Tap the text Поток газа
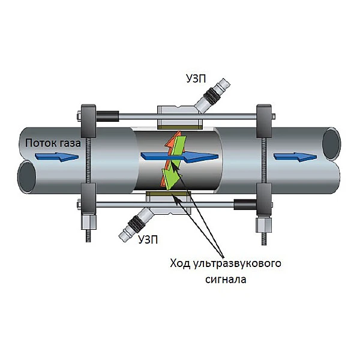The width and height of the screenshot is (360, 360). (x=50, y=143)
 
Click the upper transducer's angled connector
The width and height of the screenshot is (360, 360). (x=215, y=96)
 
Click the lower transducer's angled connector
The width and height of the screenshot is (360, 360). (x=136, y=222)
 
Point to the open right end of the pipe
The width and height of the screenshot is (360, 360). (x=334, y=144)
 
